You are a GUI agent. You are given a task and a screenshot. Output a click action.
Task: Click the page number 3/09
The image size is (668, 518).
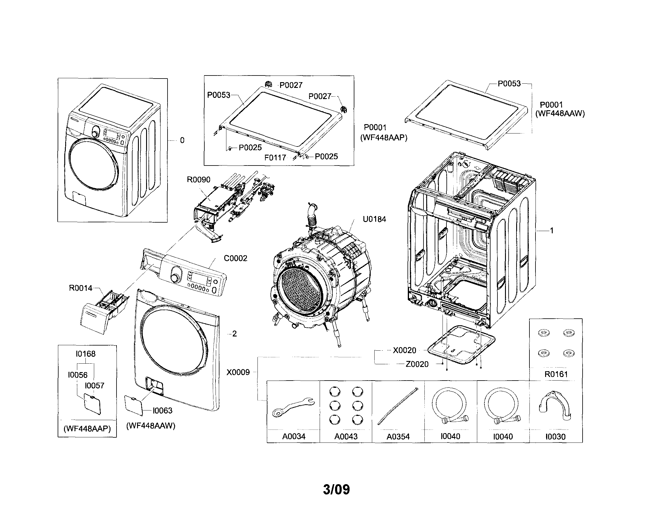pos(336,489)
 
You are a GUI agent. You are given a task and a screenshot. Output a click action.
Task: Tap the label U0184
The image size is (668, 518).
pos(374,219)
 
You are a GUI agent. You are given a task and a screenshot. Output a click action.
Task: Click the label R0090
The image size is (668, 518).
pos(199,180)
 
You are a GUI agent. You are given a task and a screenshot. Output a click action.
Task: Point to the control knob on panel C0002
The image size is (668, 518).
pos(175,278)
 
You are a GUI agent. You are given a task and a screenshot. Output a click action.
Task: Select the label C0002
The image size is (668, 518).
pos(235,258)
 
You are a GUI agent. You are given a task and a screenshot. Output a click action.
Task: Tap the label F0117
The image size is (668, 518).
pos(275,158)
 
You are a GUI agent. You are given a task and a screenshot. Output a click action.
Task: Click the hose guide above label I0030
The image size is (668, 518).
pos(555,406)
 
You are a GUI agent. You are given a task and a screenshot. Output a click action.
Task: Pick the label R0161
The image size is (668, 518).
pos(556,374)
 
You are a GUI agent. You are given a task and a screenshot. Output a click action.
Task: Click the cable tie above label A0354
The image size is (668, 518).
pos(398,406)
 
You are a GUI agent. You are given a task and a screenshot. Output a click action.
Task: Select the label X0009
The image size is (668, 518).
pos(238,372)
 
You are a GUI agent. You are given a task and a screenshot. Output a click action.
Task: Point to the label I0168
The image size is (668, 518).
pos(86,354)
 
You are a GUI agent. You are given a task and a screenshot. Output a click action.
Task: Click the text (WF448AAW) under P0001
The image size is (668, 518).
pos(560,114)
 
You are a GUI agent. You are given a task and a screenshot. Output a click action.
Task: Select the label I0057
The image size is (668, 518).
pos(94,385)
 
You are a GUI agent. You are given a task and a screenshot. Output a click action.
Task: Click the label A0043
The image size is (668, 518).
pos(346,436)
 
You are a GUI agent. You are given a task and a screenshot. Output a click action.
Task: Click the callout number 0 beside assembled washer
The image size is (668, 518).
pos(182,140)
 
